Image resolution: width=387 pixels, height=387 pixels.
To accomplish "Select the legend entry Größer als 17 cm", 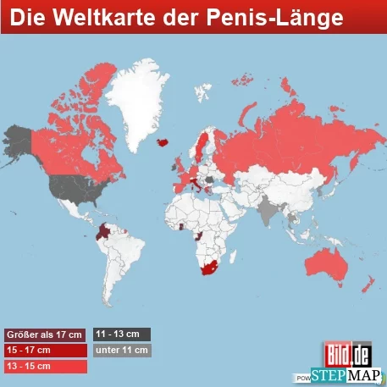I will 44,334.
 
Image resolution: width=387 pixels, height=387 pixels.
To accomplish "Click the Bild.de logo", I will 349,353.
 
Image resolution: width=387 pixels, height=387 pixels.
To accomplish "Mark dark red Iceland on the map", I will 162,141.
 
